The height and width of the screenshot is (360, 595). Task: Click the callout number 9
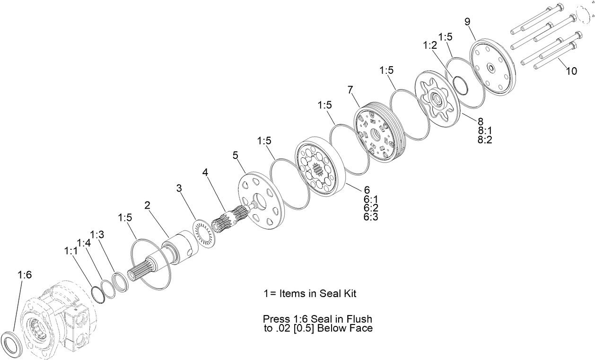coord(467,22)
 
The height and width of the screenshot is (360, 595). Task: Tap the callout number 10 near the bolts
coord(571,71)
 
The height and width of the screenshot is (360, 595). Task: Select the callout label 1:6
coord(25,274)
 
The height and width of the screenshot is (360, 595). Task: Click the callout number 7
coord(350,89)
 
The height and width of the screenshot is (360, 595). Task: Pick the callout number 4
coord(205,172)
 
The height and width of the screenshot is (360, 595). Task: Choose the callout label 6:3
coord(371,217)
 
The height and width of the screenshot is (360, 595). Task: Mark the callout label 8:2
coord(485,140)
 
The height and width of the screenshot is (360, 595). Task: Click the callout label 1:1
coord(70,251)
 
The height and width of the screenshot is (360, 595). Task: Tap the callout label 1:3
coord(97,235)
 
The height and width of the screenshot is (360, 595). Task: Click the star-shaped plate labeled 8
coord(435,99)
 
